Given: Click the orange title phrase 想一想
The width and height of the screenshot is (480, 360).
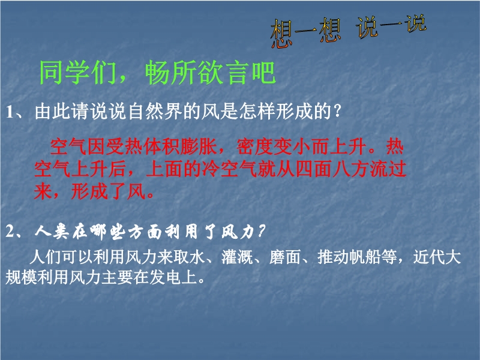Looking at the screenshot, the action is click(x=306, y=33).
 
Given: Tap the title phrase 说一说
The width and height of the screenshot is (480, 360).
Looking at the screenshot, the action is click(x=391, y=26).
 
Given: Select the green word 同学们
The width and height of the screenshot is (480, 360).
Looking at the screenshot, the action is click(x=78, y=73).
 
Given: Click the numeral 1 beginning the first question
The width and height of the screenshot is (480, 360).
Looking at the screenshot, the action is click(x=10, y=112).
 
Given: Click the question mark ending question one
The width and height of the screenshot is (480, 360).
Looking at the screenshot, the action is click(x=337, y=110).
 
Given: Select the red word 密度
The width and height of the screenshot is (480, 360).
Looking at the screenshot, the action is click(x=254, y=146).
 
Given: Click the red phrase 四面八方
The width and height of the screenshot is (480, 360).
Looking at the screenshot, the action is click(x=332, y=169).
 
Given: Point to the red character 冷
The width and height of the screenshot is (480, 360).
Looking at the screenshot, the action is click(x=211, y=169).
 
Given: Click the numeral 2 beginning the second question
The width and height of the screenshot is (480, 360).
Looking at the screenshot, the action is click(x=10, y=232).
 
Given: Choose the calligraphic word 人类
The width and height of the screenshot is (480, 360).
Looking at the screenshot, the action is click(x=52, y=232).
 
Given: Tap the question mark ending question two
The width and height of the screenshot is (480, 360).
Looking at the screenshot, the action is click(x=261, y=231).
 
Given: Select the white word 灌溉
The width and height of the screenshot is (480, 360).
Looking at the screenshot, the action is click(x=237, y=257).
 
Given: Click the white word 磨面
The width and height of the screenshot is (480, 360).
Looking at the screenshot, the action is click(x=285, y=257).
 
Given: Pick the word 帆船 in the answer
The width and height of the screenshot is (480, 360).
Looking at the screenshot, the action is click(x=365, y=257).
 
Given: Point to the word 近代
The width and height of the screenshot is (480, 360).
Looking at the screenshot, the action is click(x=429, y=257).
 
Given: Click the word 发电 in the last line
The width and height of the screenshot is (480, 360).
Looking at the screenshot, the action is click(x=166, y=277).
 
